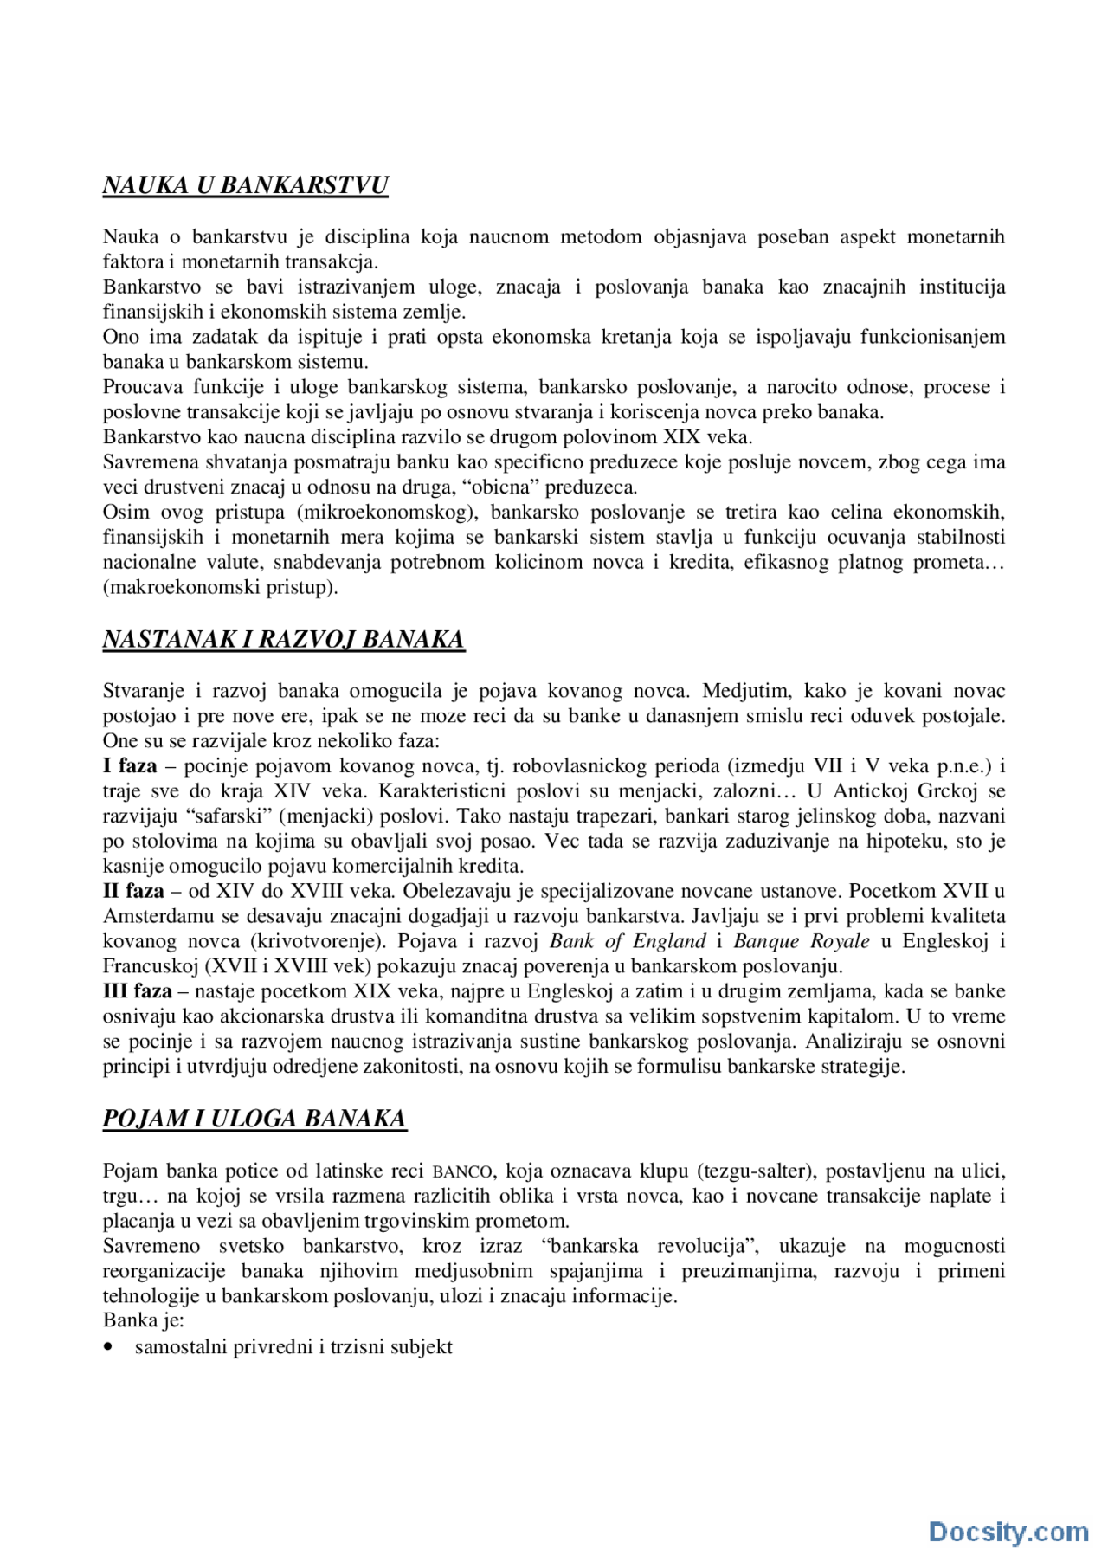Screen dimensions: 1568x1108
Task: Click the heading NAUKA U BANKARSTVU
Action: pos(245,185)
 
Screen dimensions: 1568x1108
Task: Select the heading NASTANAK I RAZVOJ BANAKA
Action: pos(283,639)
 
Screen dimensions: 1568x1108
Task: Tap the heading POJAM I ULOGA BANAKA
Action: pos(254,1119)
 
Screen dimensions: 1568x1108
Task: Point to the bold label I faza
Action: pos(130,765)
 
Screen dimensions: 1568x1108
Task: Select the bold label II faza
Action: pos(133,891)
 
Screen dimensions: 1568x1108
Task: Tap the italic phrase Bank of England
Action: pos(628,941)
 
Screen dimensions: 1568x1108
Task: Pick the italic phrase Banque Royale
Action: pos(802,941)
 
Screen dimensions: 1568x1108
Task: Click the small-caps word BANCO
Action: pos(461,1172)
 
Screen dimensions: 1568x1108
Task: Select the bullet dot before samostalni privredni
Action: pos(108,1347)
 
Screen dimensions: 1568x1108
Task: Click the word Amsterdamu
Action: pos(153,916)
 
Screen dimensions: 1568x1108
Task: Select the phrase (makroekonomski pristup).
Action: pos(220,587)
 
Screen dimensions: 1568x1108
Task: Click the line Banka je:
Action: pos(144,1320)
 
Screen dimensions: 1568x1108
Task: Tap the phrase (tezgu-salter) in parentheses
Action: pos(753,1171)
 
